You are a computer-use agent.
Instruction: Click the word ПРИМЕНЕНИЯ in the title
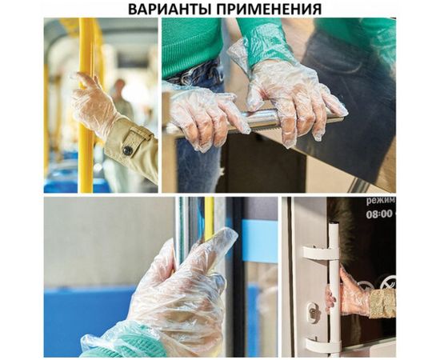pyautogui.click(x=265, y=9)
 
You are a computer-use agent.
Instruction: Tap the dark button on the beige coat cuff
pyautogui.click(x=126, y=150)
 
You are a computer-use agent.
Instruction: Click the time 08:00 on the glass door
pyautogui.click(x=379, y=214)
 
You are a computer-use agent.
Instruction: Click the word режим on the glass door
pyautogui.click(x=379, y=202)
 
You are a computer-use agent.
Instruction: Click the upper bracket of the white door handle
pyautogui.click(x=320, y=253)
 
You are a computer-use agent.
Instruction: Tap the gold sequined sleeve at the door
pyautogui.click(x=382, y=302)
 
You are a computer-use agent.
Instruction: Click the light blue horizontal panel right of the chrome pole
pyautogui.click(x=258, y=240)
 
